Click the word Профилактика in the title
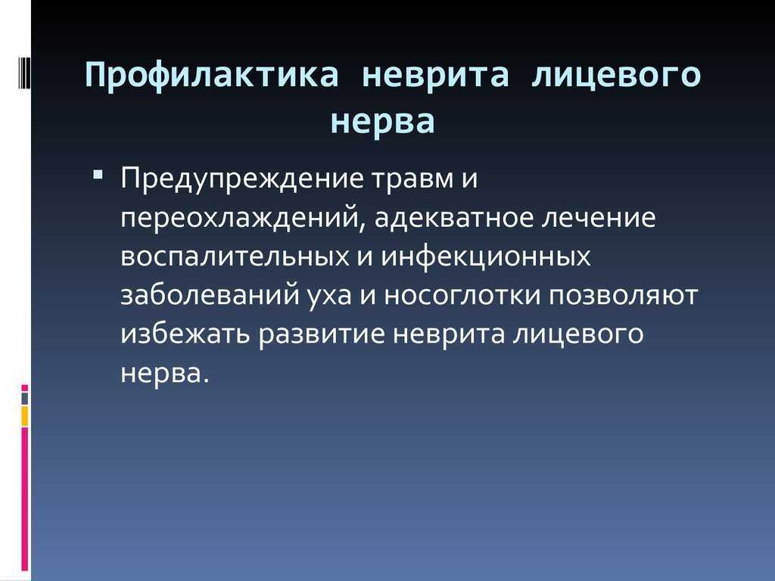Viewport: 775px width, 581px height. coord(212,75)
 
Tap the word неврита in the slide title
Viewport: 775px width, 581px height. coord(435,76)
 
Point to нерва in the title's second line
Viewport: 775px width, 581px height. coord(382,122)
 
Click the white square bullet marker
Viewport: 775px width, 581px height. coord(98,175)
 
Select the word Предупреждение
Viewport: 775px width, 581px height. coord(243,179)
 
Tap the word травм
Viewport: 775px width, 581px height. coord(412,179)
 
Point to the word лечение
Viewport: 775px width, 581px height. coord(599,219)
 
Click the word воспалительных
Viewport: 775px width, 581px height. coord(235,257)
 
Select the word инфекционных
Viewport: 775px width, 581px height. coord(486,256)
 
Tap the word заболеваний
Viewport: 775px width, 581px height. coord(210,296)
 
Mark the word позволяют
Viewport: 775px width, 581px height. coord(623,296)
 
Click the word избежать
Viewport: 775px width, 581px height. coord(185,334)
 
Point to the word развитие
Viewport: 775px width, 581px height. coord(322,334)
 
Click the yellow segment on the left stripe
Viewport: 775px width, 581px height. coord(24,417)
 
